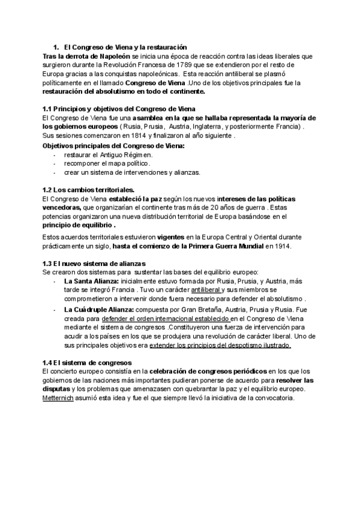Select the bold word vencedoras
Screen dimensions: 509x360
pyautogui.click(x=62, y=208)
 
